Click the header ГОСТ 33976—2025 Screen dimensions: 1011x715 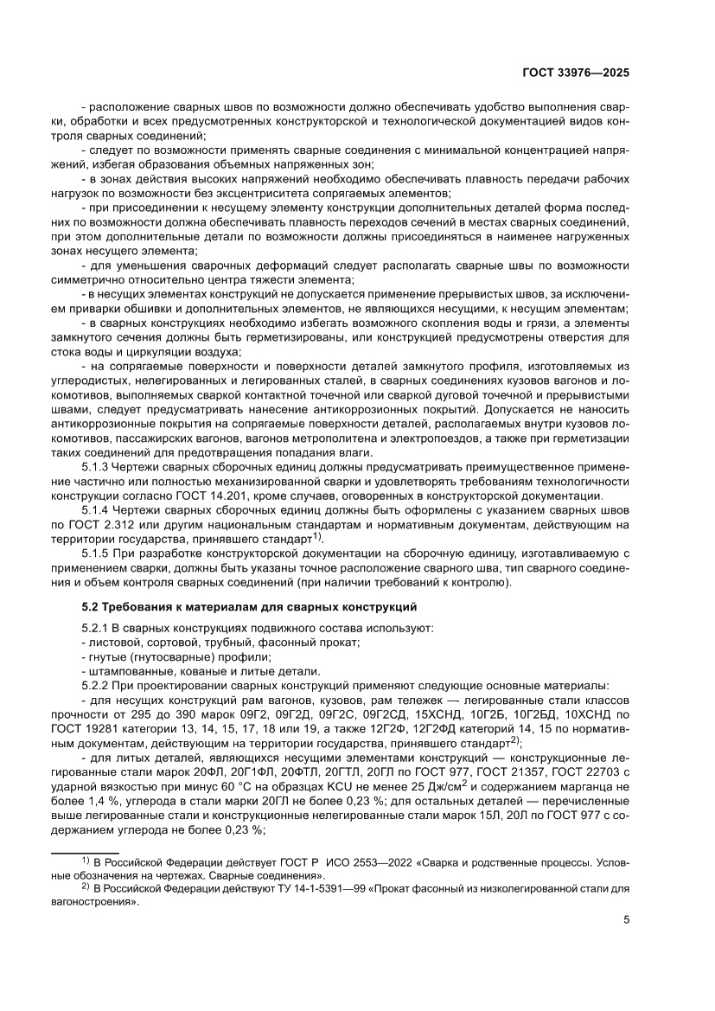(575, 74)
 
